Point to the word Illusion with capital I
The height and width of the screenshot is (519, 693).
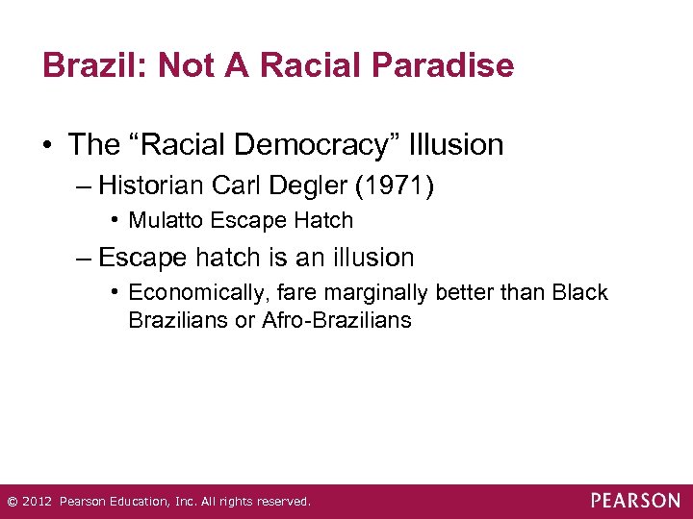point(457,145)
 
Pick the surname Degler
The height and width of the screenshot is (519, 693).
point(309,184)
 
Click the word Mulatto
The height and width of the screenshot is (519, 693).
point(166,220)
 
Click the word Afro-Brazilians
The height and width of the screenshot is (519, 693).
point(336,320)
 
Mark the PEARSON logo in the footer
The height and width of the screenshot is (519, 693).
point(635,501)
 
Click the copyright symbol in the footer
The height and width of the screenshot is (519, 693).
point(12,502)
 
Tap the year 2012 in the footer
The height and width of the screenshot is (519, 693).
point(36,502)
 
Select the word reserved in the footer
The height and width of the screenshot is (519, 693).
point(280,502)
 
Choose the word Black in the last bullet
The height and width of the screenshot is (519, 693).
point(580,292)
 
